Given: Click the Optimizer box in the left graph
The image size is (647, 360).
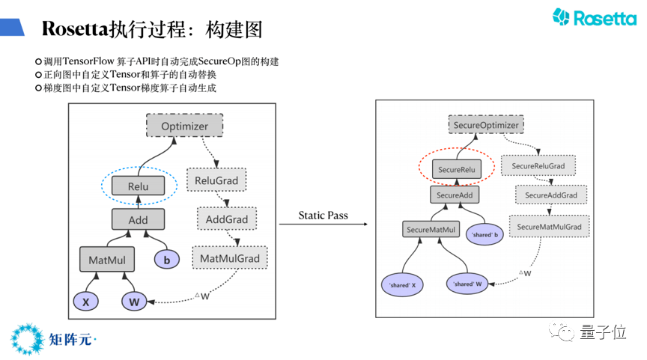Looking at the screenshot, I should pyautogui.click(x=184, y=126).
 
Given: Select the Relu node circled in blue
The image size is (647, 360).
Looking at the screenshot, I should pyautogui.click(x=138, y=186).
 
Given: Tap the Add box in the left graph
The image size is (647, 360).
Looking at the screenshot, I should pyautogui.click(x=138, y=220).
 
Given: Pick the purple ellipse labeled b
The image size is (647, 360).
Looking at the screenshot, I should pyautogui.click(x=167, y=260).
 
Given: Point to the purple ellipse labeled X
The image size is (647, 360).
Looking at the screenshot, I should pyautogui.click(x=86, y=302).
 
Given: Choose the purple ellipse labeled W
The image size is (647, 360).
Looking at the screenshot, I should pyautogui.click(x=135, y=302).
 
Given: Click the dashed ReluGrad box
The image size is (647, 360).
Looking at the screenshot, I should pyautogui.click(x=216, y=180).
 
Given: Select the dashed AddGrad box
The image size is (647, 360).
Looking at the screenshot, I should pyautogui.click(x=227, y=219).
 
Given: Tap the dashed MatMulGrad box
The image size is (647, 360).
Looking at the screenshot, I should pyautogui.click(x=230, y=259).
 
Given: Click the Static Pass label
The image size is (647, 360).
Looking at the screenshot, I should pyautogui.click(x=323, y=216).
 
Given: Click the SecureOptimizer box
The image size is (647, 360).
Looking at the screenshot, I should pyautogui.click(x=486, y=126).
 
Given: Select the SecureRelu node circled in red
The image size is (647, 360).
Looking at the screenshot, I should pyautogui.click(x=457, y=170).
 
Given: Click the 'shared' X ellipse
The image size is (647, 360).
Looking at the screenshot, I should pyautogui.click(x=403, y=284).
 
